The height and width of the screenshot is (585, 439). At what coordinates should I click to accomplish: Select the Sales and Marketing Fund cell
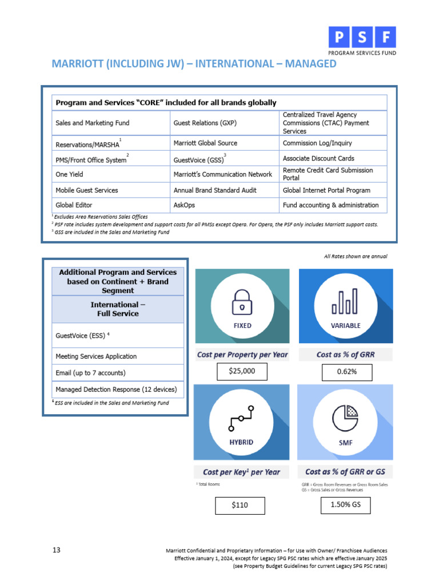(x=93, y=123)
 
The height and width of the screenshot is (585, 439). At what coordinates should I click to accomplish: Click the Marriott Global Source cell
(x=205, y=143)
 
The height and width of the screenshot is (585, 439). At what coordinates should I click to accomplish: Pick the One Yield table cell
(x=69, y=174)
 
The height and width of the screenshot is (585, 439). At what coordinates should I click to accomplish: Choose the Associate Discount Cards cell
(x=318, y=158)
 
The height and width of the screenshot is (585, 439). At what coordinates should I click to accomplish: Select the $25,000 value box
(x=242, y=371)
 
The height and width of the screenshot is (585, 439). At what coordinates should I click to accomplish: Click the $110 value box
(x=240, y=505)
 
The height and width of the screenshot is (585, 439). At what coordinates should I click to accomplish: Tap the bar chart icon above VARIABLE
(x=345, y=301)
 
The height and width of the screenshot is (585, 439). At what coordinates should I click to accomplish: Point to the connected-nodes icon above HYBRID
(x=242, y=418)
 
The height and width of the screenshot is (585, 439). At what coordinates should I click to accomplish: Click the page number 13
(x=57, y=550)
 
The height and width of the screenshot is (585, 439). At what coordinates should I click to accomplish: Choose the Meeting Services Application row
(x=96, y=356)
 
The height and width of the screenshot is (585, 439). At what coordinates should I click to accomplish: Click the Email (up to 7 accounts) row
(x=90, y=373)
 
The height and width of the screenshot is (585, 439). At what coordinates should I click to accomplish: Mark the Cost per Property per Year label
(x=242, y=355)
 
